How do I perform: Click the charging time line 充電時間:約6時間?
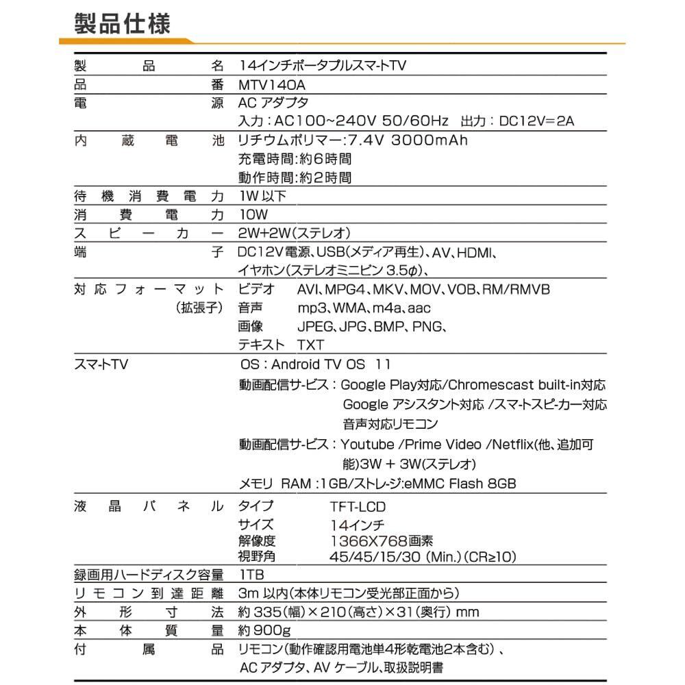pos(295,160)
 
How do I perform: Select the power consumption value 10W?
pos(253,215)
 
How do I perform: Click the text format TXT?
pos(310,345)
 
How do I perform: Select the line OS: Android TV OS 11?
pos(316,364)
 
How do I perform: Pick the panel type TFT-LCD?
pos(357,507)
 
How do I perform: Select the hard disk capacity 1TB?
pos(252,574)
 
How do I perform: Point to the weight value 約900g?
pos(264,630)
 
